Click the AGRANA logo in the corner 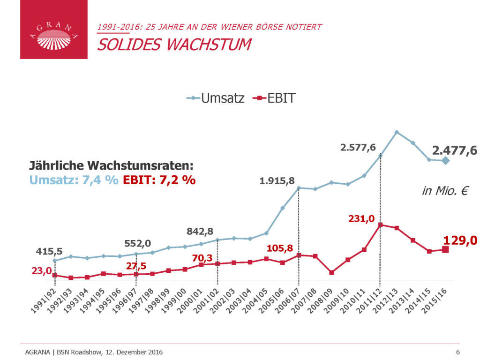coord(53,30)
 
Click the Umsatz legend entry coord(216,98)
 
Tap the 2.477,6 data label coord(454,150)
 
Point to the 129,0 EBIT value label coord(460,240)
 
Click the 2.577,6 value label coord(358,148)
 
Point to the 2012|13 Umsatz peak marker coord(397,132)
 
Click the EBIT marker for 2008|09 coord(331,272)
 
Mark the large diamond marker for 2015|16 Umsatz coord(445,161)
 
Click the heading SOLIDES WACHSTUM coord(173,45)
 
